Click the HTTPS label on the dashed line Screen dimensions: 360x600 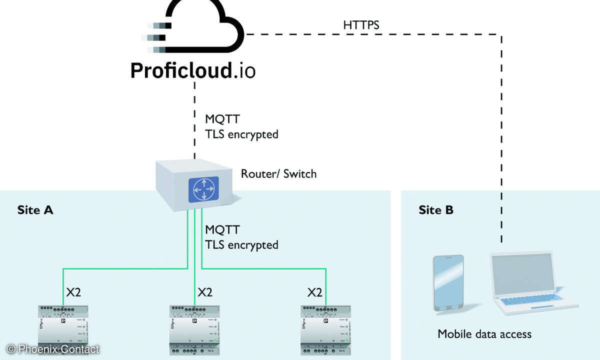tap(361, 25)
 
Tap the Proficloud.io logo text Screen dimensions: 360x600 tap(192, 70)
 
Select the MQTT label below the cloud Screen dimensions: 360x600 tap(222, 120)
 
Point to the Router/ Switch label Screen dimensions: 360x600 tap(278, 174)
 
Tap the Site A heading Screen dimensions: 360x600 tap(35, 210)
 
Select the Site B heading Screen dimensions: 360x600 tap(436, 210)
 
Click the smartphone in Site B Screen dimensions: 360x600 tap(448, 283)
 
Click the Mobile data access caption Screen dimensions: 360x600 tap(484, 333)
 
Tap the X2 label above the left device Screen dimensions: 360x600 tap(73, 292)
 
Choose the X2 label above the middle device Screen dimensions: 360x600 tap(205, 292)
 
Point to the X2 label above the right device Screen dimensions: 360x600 tap(314, 292)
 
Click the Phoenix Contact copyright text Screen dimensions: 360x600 tap(53, 349)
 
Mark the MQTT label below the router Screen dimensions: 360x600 tap(222, 230)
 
